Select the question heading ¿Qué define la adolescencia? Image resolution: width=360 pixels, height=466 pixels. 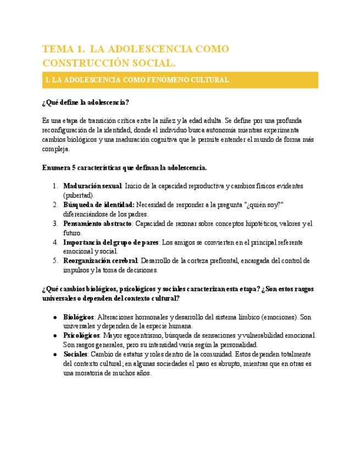[x=85, y=103]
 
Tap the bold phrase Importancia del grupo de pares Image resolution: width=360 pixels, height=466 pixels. [x=111, y=242]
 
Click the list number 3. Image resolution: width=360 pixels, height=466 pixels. [x=56, y=224]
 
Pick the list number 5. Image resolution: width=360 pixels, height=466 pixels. [x=56, y=261]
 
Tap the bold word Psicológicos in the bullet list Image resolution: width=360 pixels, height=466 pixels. [x=81, y=335]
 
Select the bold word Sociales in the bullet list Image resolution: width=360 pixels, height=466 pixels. [x=75, y=354]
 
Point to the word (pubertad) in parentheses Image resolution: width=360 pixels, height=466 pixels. [x=79, y=195]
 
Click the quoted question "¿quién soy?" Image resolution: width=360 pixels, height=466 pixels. [x=265, y=205]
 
